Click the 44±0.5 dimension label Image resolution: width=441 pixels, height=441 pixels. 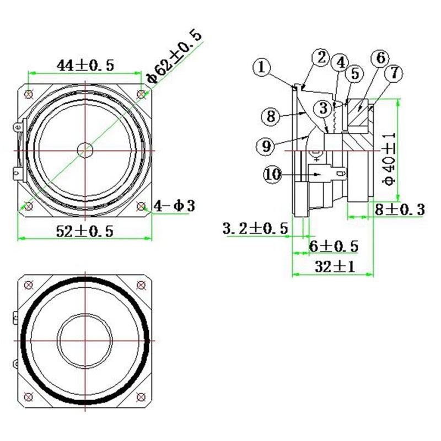click(85, 65)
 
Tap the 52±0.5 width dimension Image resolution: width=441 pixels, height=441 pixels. click(85, 231)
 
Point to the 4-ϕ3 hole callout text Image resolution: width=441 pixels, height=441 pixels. click(175, 207)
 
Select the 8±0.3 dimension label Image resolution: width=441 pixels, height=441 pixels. click(400, 209)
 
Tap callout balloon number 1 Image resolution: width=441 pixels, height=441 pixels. click(263, 68)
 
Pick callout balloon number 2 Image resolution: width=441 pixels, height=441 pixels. click(321, 57)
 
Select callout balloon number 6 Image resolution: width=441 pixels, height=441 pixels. click(379, 58)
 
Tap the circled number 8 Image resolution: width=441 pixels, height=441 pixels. click(271, 116)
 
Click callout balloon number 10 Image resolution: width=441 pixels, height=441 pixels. click(273, 175)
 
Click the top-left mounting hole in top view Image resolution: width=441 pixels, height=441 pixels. click(29, 93)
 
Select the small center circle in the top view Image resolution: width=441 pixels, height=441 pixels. click(85, 149)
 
